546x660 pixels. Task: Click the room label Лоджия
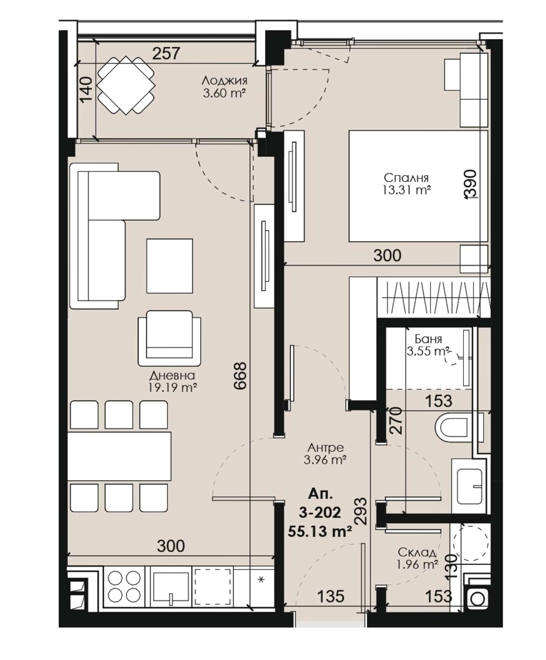pyautogui.click(x=224, y=80)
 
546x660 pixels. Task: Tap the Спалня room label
pyautogui.click(x=406, y=178)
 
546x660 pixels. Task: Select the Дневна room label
pyautogui.click(x=172, y=375)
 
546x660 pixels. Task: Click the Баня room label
pyautogui.click(x=428, y=339)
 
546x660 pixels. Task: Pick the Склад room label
pyautogui.click(x=417, y=552)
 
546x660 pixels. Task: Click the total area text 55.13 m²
pyautogui.click(x=320, y=531)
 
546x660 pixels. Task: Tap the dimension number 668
pyautogui.click(x=241, y=376)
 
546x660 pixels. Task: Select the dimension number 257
pyautogui.click(x=166, y=54)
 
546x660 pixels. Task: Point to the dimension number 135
pyautogui.click(x=331, y=596)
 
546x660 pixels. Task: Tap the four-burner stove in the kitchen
pyautogui.click(x=124, y=586)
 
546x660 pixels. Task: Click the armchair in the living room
pyautogui.click(x=169, y=338)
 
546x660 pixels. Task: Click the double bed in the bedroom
pyautogui.click(x=418, y=186)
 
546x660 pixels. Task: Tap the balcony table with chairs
pyautogui.click(x=126, y=85)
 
